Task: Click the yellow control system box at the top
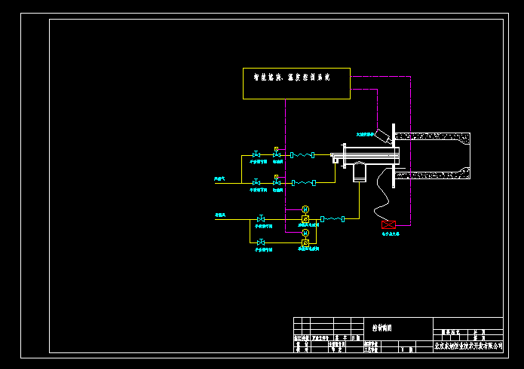296,84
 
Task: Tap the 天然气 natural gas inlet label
220,178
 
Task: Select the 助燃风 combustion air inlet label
220,215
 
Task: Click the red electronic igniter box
389,224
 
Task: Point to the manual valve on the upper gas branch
256,155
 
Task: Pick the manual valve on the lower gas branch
256,182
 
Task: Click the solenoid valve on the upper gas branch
277,154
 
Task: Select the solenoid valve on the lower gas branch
277,181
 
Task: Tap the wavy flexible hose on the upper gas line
305,155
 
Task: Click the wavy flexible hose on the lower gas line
305,182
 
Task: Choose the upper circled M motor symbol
305,209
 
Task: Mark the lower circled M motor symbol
305,233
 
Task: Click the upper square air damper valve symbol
305,218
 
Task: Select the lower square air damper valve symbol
305,242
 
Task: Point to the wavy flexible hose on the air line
332,218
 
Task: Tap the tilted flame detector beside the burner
385,136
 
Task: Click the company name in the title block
467,346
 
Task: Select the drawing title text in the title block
382,328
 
